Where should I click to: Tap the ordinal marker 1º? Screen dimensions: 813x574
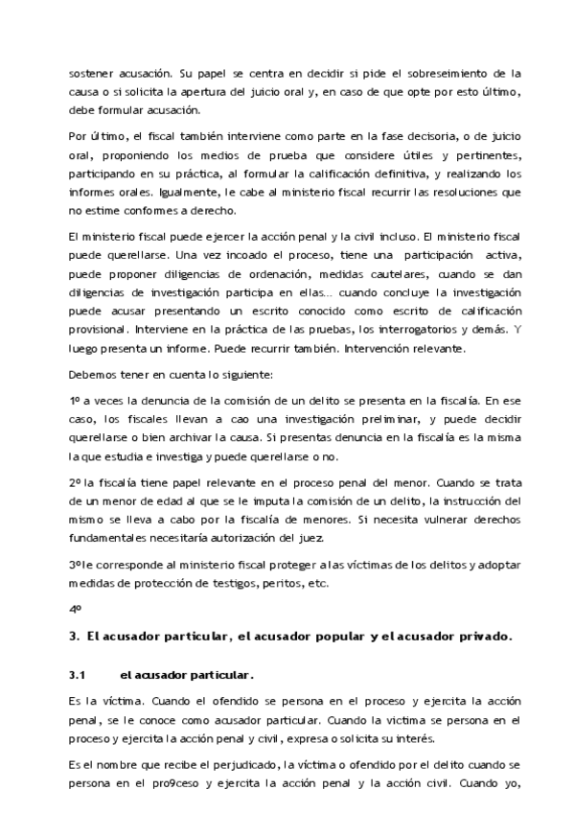click(74, 401)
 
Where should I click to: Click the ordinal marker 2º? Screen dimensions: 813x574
click(74, 482)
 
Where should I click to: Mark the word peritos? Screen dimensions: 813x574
click(274, 582)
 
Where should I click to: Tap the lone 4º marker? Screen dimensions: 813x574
click(74, 609)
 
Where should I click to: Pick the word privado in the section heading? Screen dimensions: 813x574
click(486, 636)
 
